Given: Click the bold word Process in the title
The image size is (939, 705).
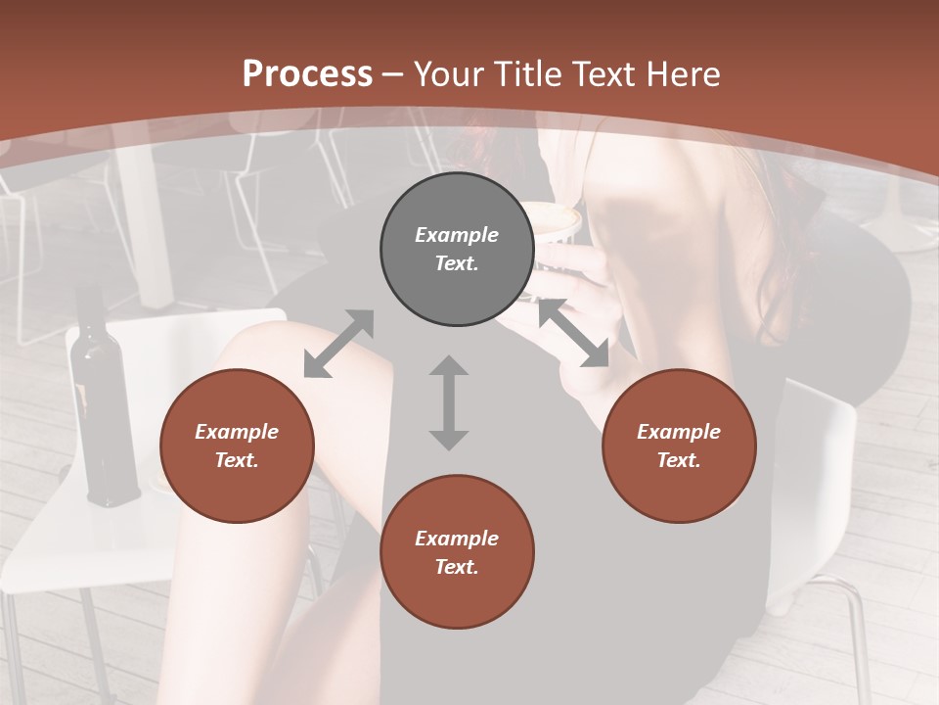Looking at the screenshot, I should [x=307, y=74].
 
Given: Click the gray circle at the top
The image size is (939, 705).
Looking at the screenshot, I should [x=457, y=250].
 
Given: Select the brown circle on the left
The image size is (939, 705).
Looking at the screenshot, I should [x=237, y=446].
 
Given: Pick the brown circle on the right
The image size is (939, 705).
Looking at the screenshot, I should [x=679, y=446].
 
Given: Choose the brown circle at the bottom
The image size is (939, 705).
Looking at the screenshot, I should [x=457, y=552].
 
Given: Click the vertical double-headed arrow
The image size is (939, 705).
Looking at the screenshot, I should [x=449, y=402].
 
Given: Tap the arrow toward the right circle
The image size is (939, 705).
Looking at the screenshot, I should [x=573, y=333].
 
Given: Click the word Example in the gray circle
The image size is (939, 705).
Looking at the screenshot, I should [x=457, y=235].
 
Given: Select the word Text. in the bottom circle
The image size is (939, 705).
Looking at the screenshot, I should [x=457, y=567].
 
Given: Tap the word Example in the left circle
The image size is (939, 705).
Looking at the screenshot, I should [x=237, y=432].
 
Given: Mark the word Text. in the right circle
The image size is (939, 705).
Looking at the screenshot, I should [x=679, y=460].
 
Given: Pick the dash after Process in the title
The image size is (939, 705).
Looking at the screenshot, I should [x=393, y=74].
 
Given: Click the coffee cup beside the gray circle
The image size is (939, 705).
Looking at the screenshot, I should [x=557, y=222].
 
